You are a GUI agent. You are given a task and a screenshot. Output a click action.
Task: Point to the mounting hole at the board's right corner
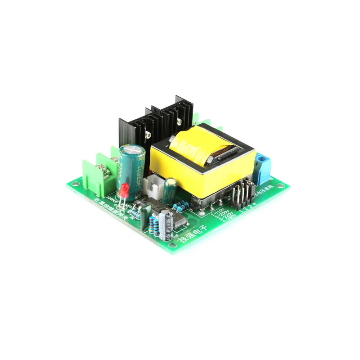280,185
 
